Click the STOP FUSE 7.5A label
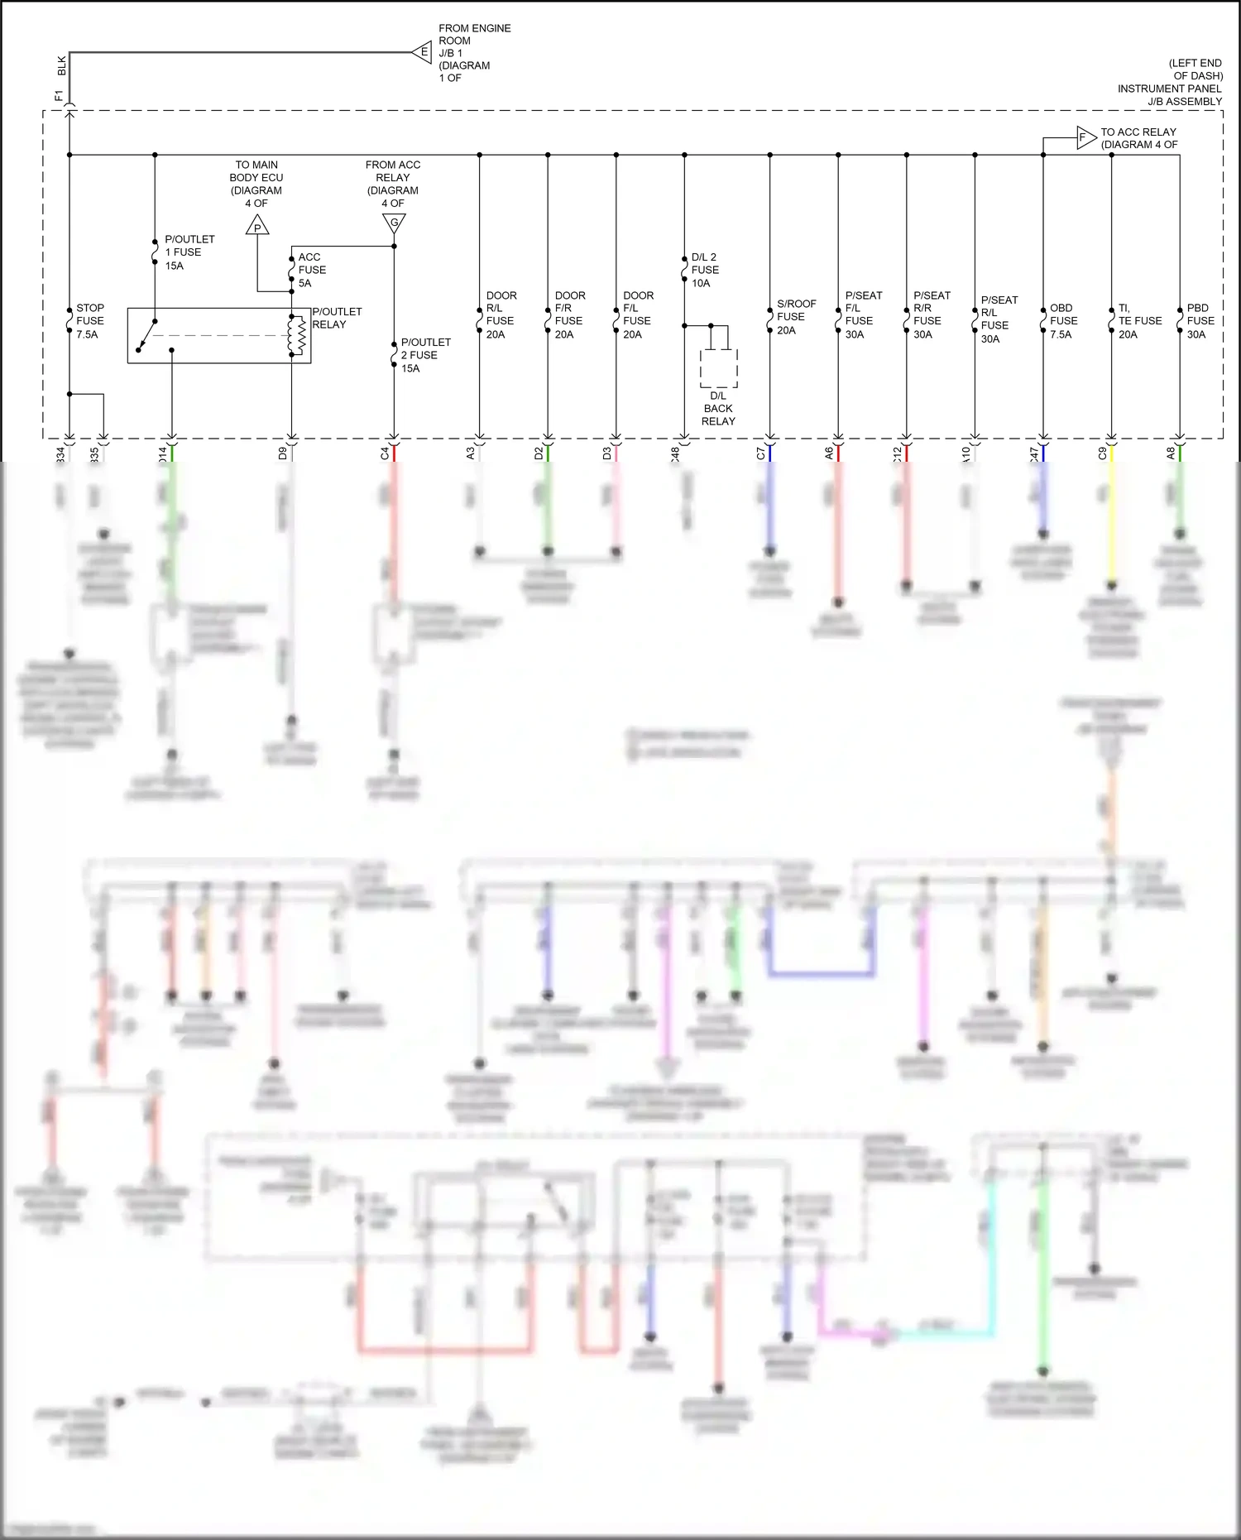click(90, 321)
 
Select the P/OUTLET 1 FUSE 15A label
click(189, 252)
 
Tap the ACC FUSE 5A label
click(311, 270)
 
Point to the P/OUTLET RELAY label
click(337, 318)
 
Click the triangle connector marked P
click(257, 226)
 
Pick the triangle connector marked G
click(394, 223)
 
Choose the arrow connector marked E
click(423, 52)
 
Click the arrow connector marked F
click(1085, 137)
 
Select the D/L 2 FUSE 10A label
click(704, 270)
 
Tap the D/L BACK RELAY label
click(718, 409)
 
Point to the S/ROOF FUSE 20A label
click(795, 317)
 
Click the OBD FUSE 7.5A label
click(1063, 321)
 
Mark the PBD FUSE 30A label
click(1200, 321)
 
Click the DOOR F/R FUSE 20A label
click(569, 314)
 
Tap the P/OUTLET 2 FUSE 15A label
click(425, 355)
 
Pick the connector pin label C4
click(385, 453)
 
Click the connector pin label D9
click(283, 453)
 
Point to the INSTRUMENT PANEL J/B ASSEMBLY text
click(1169, 95)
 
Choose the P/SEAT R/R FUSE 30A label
click(931, 314)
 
